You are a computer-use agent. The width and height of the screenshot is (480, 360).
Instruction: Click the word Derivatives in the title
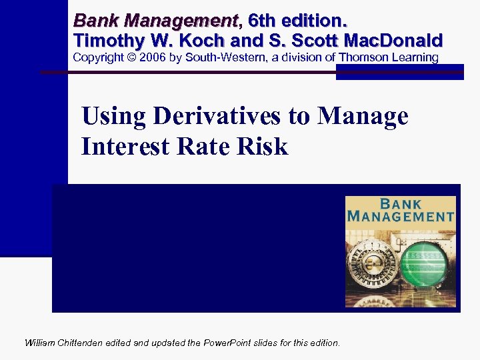tap(219, 117)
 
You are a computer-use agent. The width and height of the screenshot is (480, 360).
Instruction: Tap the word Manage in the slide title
tap(363, 117)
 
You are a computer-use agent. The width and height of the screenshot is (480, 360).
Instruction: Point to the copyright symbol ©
tap(134, 57)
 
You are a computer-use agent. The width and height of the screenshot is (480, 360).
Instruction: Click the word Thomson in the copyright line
tap(364, 57)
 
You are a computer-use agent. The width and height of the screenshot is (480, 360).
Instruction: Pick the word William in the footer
tap(40, 343)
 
